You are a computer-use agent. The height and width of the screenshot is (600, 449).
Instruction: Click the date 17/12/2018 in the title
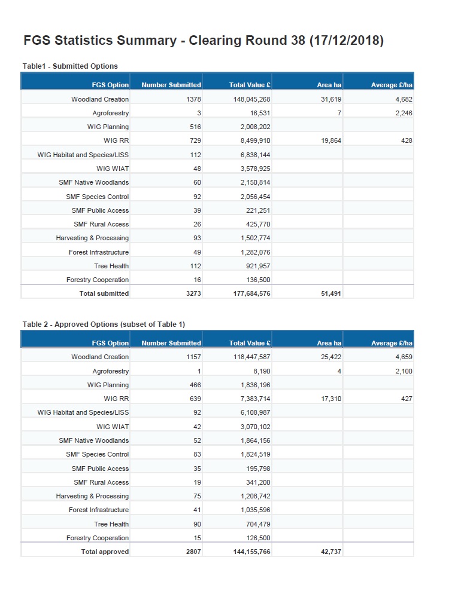point(348,41)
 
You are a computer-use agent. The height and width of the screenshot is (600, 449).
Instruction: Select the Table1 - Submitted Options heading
point(70,66)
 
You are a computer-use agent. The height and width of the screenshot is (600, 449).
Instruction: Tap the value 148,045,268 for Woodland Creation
point(252,99)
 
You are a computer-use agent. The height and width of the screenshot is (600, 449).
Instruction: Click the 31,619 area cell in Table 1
point(331,99)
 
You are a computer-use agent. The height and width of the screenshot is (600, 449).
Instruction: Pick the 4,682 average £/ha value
point(404,99)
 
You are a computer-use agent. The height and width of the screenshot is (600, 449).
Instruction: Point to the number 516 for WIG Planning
point(196,127)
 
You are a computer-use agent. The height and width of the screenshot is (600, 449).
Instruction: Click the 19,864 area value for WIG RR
point(331,140)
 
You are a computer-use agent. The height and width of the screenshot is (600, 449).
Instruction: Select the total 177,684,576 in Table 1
point(248,293)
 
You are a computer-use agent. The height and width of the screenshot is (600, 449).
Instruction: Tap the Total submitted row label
point(104,293)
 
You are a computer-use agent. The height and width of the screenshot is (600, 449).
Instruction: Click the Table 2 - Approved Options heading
point(104,324)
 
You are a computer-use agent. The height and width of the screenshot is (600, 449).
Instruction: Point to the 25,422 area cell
point(331,357)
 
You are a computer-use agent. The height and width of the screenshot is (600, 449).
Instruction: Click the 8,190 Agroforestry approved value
point(260,371)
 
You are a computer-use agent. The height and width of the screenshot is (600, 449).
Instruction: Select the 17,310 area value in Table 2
point(331,399)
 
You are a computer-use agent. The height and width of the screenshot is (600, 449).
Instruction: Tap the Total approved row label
point(105,552)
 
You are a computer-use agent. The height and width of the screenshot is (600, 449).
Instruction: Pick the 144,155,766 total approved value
point(248,552)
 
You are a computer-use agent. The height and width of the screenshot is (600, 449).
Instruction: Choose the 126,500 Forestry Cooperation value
point(256,538)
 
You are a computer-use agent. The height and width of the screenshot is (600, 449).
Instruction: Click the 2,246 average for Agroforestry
point(404,113)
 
